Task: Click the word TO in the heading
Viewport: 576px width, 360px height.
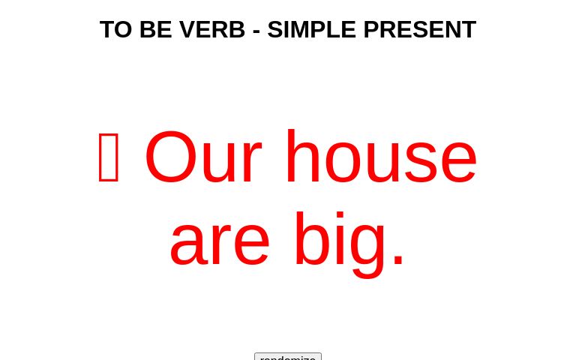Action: (115, 30)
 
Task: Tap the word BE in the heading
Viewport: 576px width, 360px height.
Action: (155, 30)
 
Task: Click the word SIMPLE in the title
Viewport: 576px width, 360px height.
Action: (311, 30)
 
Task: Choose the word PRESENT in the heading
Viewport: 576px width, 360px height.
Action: (419, 30)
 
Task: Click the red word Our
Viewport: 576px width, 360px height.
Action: (202, 157)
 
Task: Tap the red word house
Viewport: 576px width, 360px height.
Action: (381, 157)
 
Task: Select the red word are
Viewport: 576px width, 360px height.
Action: (219, 240)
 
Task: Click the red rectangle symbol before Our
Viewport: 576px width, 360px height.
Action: (109, 157)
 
